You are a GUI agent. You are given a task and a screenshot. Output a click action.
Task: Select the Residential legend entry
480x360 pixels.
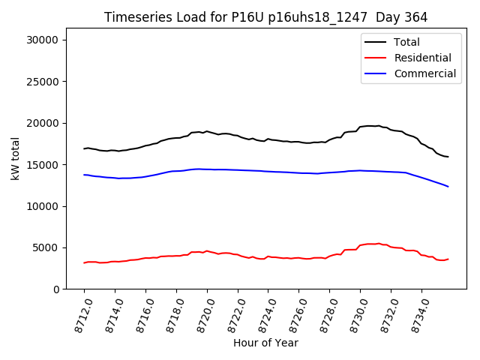pos(422,58)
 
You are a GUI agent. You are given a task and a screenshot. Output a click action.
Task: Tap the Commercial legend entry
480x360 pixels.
pos(424,73)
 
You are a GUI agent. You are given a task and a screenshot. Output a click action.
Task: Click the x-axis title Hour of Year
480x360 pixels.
pos(265,343)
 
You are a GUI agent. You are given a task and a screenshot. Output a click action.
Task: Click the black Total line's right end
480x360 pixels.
pos(448,157)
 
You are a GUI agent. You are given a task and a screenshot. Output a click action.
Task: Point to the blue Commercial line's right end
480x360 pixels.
pos(448,186)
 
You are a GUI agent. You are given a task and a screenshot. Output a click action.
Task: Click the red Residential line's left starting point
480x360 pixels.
pos(84,262)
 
